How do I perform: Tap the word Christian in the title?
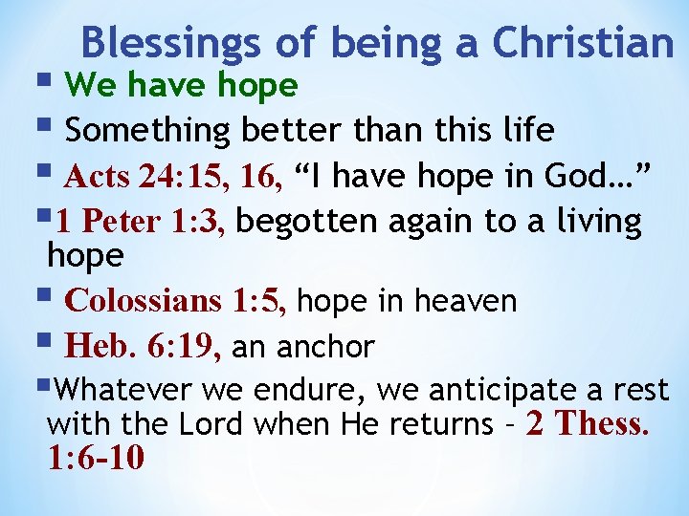point(583,43)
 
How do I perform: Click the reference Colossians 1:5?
point(175,301)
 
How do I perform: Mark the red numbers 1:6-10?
point(96,458)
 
